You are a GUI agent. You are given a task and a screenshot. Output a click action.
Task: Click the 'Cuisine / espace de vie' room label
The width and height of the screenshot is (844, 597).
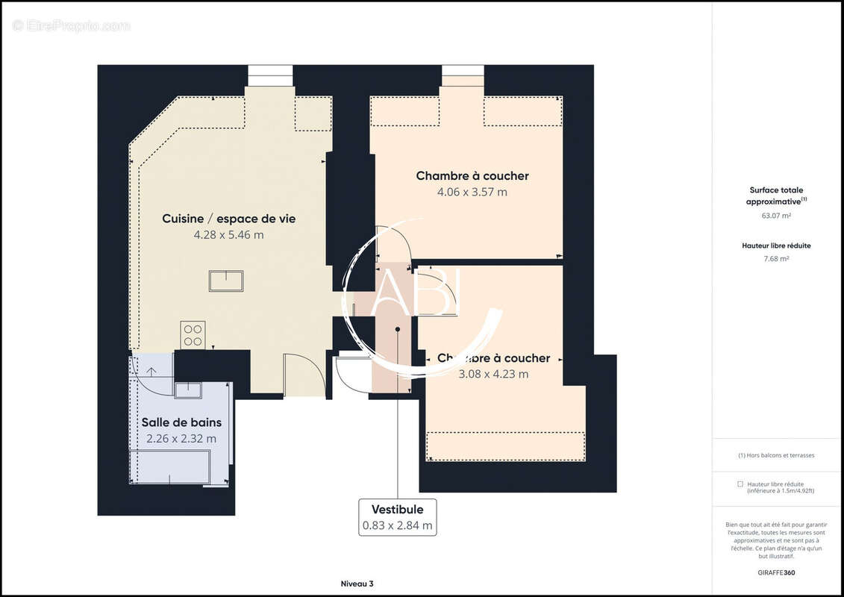(x=228, y=219)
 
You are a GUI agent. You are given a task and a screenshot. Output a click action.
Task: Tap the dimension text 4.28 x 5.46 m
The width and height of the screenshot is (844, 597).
(x=228, y=234)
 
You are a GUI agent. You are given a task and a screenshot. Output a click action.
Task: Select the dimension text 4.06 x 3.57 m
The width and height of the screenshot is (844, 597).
(x=472, y=192)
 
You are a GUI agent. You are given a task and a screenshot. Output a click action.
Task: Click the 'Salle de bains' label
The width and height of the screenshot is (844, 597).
(x=181, y=422)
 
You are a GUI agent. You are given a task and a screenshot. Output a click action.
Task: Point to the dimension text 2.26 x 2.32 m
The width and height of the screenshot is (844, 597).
(x=181, y=439)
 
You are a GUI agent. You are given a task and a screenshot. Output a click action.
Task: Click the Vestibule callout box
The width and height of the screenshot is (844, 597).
(x=397, y=517)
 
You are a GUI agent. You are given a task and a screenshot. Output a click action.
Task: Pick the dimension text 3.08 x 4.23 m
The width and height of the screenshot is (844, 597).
(x=493, y=374)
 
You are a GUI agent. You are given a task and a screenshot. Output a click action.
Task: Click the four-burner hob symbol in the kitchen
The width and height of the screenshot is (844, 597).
(x=193, y=334)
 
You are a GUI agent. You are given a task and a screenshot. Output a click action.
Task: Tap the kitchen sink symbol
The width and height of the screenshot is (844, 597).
(x=225, y=281)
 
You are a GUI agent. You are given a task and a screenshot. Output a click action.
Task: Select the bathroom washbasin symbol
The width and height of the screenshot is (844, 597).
(x=188, y=390)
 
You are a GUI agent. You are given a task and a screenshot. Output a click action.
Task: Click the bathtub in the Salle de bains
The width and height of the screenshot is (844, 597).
(x=169, y=467)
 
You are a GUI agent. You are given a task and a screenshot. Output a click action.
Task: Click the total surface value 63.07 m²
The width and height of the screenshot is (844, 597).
(x=777, y=216)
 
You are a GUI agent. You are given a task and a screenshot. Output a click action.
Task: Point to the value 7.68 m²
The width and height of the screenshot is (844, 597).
(x=777, y=259)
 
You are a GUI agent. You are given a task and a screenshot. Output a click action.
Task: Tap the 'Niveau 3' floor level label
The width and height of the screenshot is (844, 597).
(x=357, y=583)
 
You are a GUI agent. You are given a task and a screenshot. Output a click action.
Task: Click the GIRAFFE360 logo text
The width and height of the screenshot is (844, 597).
(x=777, y=573)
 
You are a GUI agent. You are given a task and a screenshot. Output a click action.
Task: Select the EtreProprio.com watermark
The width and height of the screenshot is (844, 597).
(x=72, y=25)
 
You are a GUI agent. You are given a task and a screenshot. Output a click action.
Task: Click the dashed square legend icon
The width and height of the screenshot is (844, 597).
(x=740, y=484)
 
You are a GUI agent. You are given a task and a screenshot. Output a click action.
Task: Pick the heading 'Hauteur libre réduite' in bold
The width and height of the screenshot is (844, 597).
(x=777, y=246)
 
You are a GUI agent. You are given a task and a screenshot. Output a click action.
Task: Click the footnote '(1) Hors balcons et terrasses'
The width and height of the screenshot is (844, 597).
(x=777, y=455)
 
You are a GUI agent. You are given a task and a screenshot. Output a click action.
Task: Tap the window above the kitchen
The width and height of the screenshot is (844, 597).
(x=270, y=75)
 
